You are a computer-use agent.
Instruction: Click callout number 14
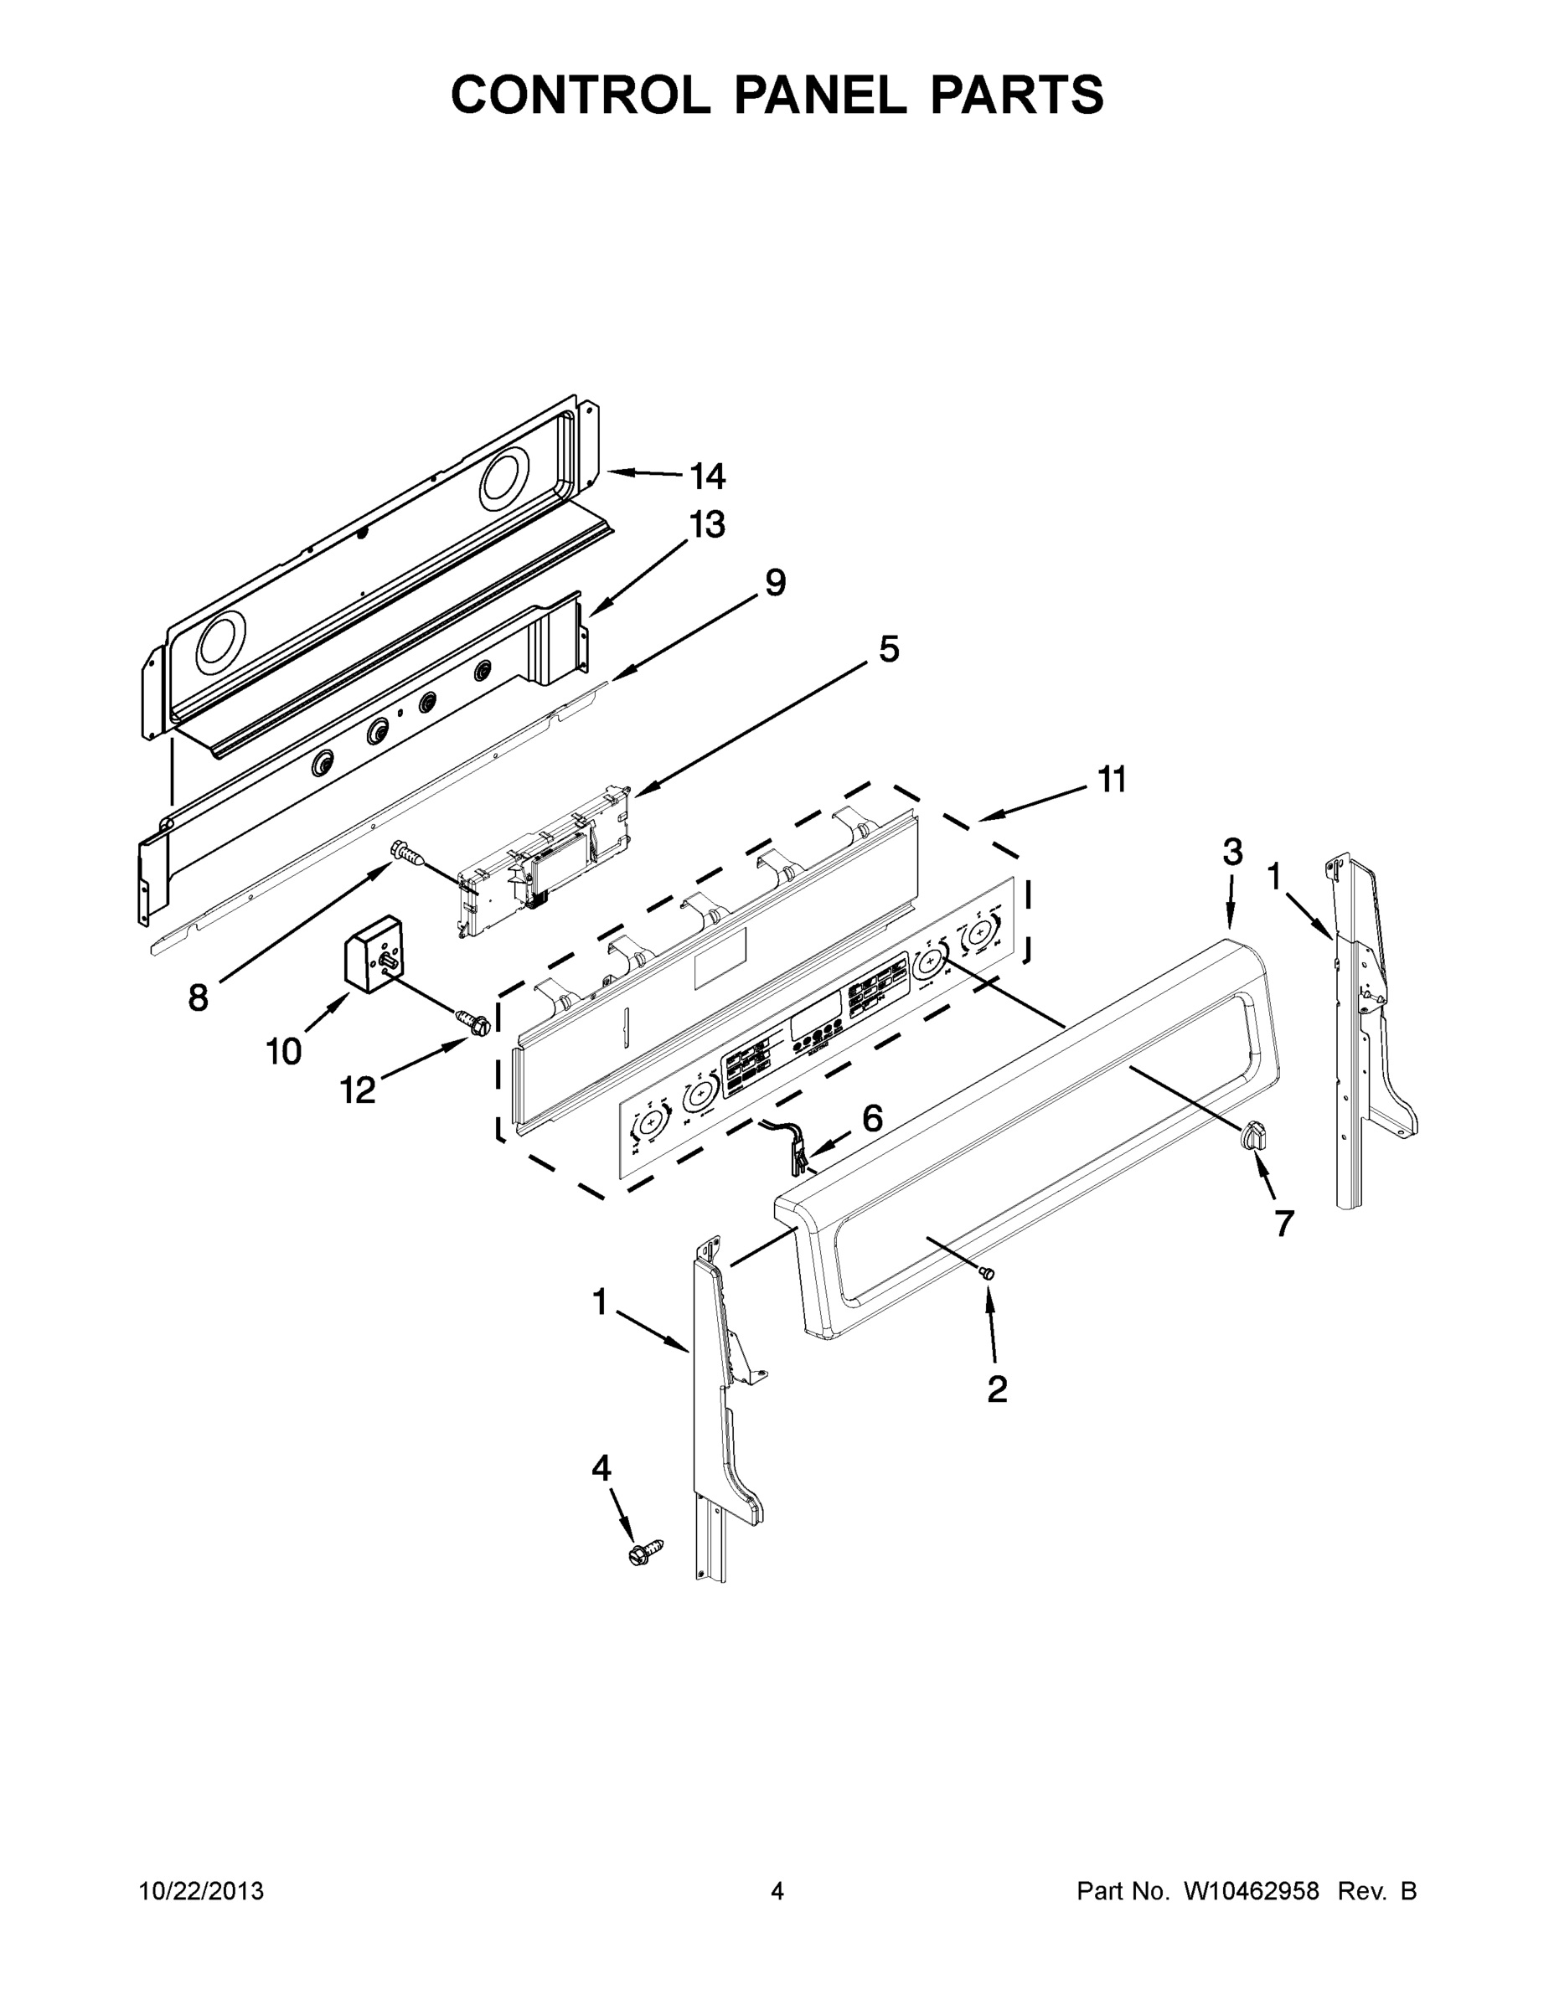[708, 476]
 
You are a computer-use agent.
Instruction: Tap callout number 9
[775, 583]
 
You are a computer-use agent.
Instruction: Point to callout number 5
[887, 649]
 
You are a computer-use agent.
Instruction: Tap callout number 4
[601, 1468]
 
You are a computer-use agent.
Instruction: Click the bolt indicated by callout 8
[408, 853]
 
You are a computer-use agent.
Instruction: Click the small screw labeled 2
[988, 1273]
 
